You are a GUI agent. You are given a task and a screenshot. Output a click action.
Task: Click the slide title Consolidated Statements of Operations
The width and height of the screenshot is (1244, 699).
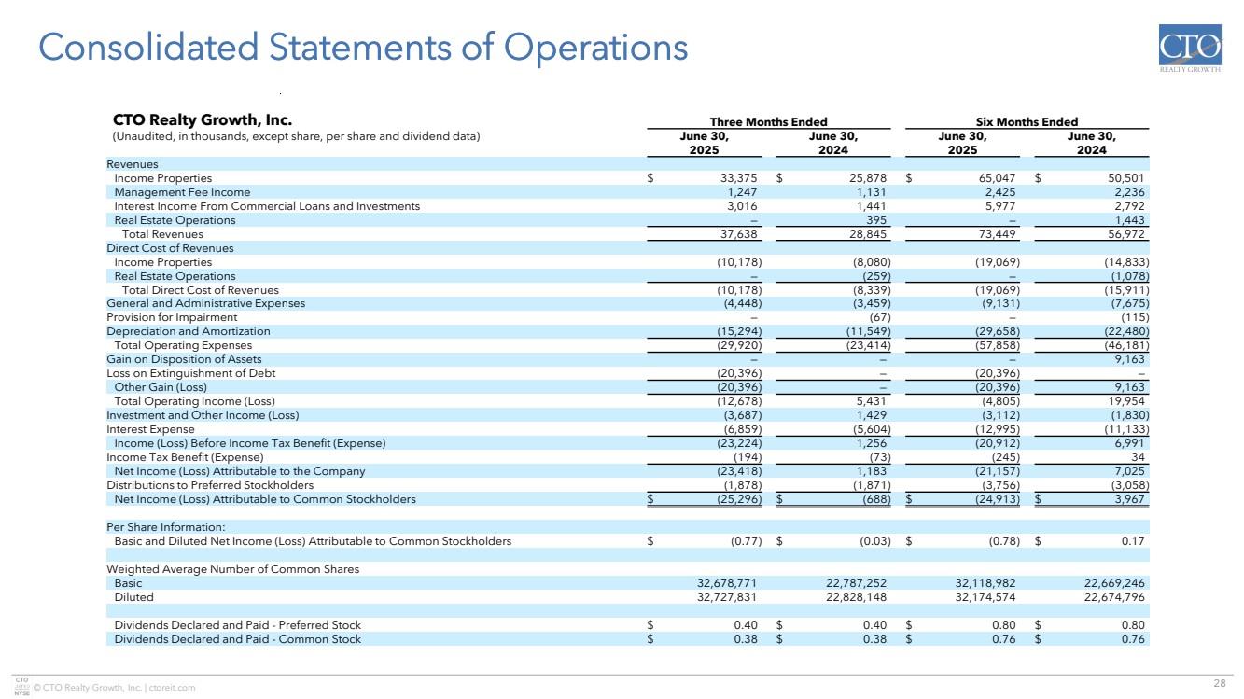click(361, 48)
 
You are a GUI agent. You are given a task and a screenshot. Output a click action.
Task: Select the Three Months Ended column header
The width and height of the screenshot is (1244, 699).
click(768, 121)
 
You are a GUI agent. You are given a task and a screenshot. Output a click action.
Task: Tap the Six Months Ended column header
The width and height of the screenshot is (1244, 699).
click(1027, 121)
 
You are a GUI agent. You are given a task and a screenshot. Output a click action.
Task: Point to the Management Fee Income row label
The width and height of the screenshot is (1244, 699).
click(182, 192)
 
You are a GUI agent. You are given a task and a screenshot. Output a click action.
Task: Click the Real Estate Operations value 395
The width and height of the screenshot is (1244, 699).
click(875, 220)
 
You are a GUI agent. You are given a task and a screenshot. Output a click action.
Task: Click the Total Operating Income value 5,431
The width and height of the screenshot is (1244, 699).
click(873, 401)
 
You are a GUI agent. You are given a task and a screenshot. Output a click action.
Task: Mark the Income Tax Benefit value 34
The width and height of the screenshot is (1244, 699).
click(1137, 457)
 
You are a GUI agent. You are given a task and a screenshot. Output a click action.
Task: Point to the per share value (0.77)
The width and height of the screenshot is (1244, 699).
click(745, 541)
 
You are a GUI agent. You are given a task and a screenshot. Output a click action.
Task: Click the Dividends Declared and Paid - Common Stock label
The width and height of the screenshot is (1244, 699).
click(237, 639)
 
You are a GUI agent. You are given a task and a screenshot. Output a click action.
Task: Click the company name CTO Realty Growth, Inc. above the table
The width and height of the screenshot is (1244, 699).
click(203, 120)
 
